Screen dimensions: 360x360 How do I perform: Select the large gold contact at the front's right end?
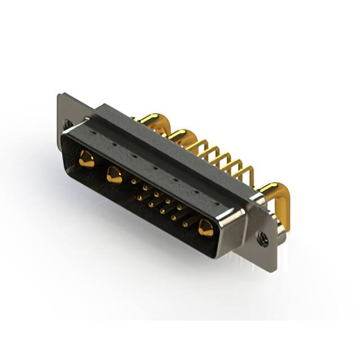point(205,228)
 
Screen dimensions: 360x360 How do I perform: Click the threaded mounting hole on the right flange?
point(263,238)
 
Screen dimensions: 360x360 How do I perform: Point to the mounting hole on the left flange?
point(69,124)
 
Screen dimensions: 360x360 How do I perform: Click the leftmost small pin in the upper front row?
point(133,181)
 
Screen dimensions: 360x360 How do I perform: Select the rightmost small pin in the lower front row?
point(185,223)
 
